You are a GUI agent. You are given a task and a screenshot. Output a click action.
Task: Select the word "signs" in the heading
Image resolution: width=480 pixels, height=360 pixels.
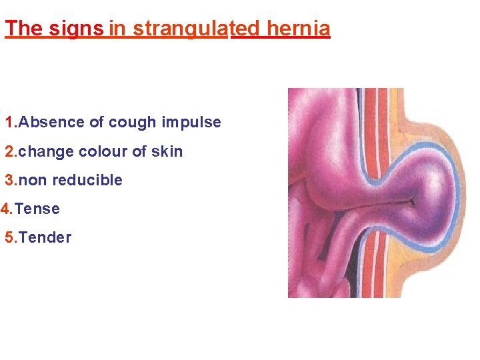(75, 29)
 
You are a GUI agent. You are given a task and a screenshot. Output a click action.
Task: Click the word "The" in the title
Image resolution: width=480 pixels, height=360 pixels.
(23, 29)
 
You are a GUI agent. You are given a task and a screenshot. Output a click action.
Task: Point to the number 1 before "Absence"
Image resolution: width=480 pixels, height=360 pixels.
(9, 123)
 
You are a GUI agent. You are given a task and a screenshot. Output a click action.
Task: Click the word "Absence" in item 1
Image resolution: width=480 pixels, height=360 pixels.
(51, 123)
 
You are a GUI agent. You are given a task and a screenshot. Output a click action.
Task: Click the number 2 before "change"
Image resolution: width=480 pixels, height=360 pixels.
(9, 151)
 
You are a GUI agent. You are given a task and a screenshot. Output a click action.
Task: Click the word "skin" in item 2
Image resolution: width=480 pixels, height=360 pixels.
(167, 151)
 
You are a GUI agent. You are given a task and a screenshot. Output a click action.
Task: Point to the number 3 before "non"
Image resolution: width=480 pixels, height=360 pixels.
(9, 180)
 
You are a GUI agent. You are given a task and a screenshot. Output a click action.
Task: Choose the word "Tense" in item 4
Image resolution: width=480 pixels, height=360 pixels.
(37, 209)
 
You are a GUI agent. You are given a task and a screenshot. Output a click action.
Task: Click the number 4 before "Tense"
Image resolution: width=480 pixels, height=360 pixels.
(5, 209)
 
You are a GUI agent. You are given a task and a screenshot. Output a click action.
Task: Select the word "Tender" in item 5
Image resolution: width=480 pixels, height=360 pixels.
(45, 237)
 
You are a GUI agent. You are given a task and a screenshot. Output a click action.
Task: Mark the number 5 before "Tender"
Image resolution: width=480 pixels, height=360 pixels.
(9, 237)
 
